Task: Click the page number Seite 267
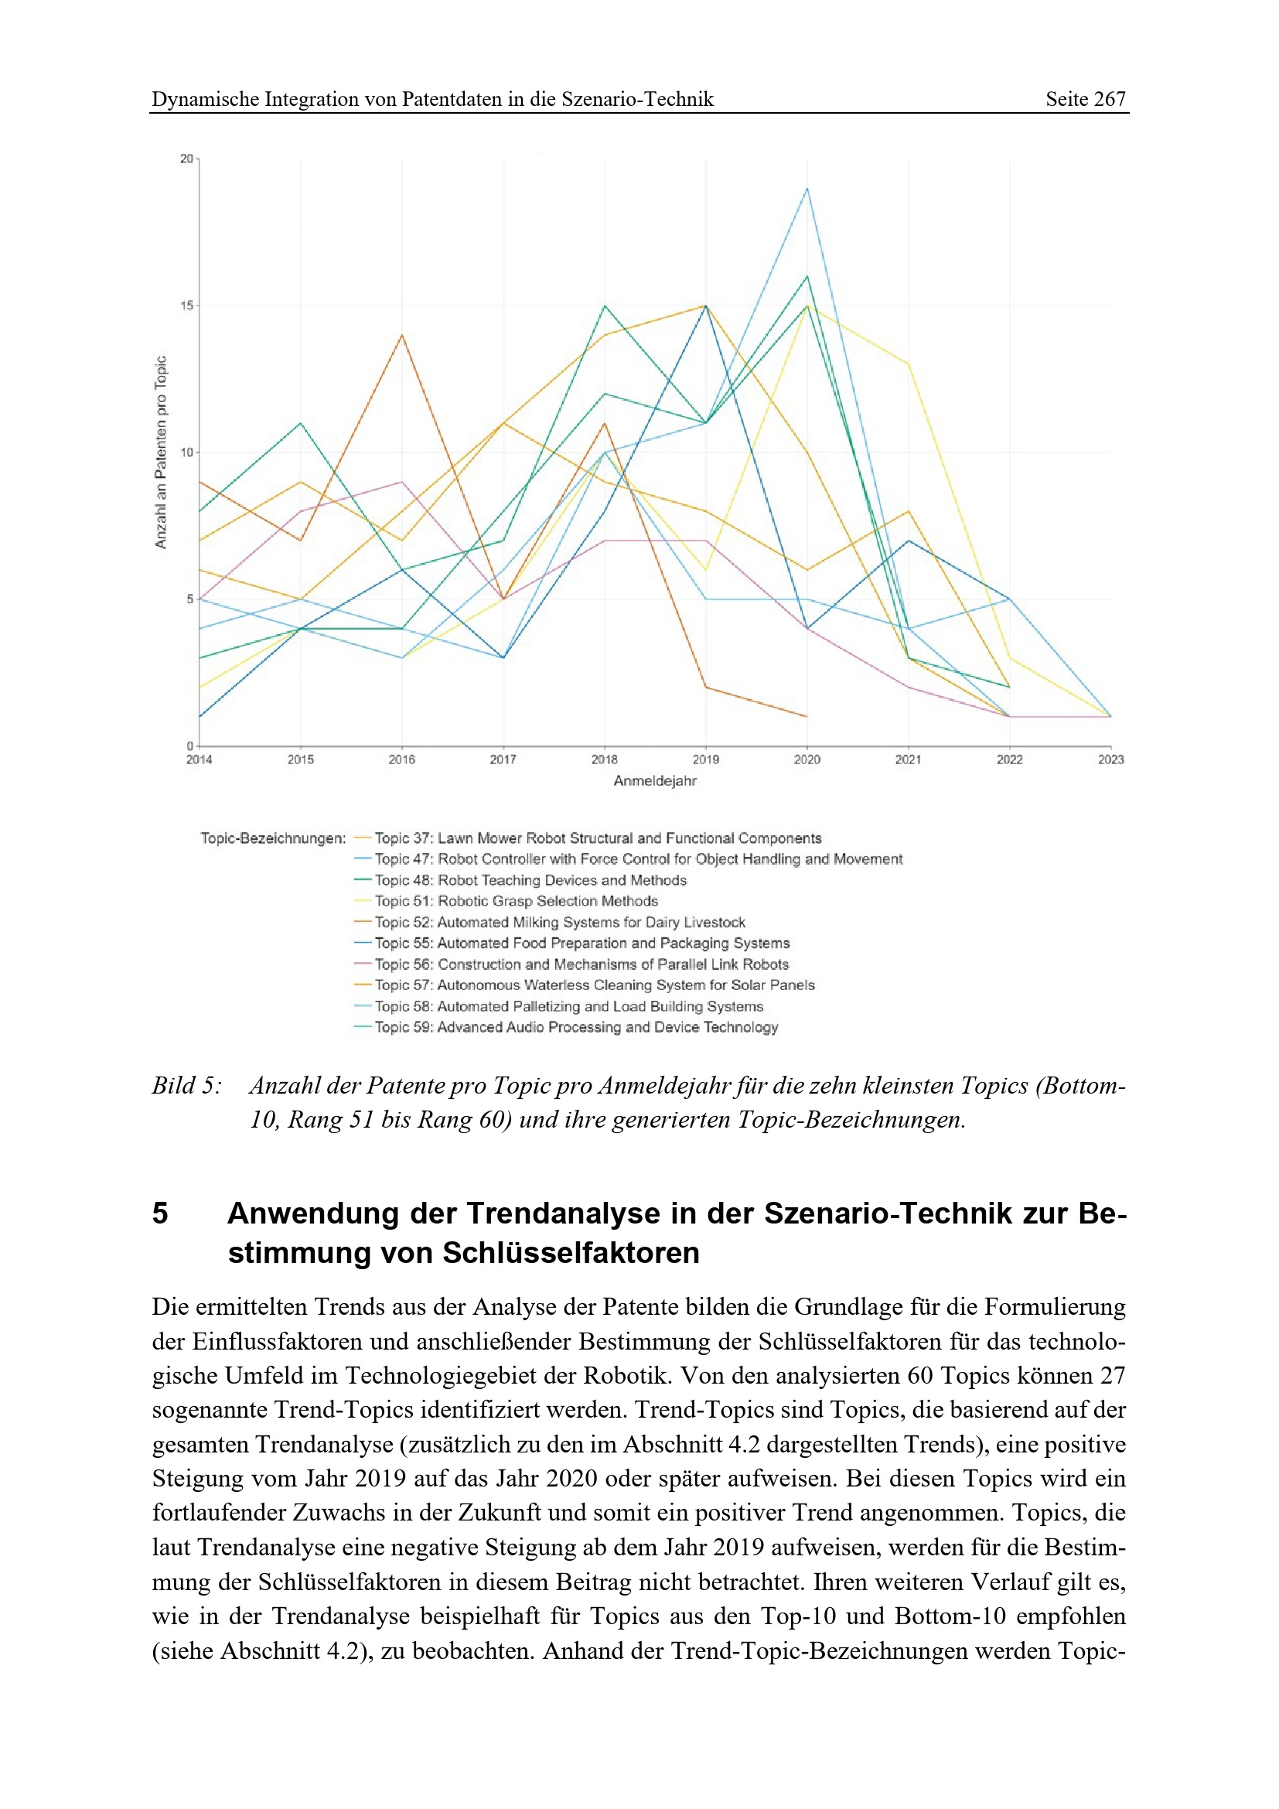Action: point(1084,99)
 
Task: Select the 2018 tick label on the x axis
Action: point(604,759)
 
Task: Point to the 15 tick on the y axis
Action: point(186,305)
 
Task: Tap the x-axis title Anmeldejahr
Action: point(654,781)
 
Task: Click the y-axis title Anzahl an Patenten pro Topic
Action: point(161,452)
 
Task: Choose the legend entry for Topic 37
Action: point(597,838)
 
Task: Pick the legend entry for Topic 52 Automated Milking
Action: point(559,922)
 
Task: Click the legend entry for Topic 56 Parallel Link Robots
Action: point(582,964)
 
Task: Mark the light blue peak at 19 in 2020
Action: point(807,189)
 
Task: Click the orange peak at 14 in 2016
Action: point(401,336)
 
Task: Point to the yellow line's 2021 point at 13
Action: point(908,365)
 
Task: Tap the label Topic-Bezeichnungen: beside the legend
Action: point(272,838)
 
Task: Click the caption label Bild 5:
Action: point(186,1086)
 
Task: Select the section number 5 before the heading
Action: point(160,1213)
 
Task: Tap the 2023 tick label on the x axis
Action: point(1110,759)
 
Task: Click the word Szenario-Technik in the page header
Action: point(637,99)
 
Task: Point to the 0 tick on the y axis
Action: point(189,746)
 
